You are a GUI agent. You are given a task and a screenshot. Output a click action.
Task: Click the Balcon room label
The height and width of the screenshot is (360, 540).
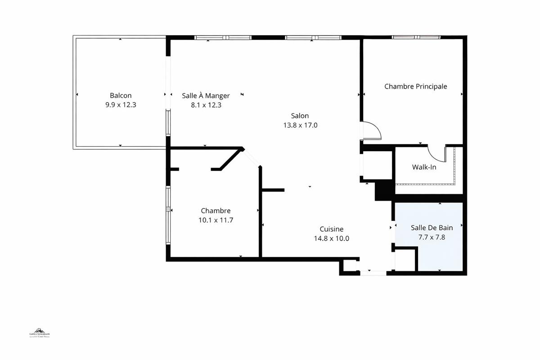click(121, 95)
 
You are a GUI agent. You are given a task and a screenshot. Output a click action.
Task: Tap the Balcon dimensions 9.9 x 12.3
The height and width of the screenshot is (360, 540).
click(121, 105)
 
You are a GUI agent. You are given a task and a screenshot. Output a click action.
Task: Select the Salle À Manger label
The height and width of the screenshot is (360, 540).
click(206, 95)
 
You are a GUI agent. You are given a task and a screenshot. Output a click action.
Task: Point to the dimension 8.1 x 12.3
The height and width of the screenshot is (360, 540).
click(206, 105)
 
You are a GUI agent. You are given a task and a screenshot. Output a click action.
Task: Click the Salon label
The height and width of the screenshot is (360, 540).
click(300, 116)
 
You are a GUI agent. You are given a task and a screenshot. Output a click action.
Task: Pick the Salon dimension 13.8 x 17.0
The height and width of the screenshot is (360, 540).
click(300, 125)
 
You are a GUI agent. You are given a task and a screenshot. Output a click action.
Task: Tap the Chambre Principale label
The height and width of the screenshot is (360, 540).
click(415, 86)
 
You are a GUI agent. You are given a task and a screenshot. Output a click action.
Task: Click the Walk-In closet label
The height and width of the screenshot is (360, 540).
click(424, 167)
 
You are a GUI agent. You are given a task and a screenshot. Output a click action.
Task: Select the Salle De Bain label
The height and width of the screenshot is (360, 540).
click(432, 228)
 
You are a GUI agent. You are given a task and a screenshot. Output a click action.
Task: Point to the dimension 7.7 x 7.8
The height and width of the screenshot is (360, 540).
click(432, 237)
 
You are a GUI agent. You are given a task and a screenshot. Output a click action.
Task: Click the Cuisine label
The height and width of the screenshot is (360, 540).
click(331, 229)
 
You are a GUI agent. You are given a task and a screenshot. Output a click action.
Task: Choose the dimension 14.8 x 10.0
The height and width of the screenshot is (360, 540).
click(331, 238)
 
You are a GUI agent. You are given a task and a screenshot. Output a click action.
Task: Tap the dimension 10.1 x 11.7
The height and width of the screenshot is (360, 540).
click(216, 220)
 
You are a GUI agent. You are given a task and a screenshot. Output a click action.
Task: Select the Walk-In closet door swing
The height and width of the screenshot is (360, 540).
click(436, 154)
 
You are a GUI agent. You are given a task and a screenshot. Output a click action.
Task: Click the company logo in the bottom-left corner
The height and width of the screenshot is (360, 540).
click(40, 334)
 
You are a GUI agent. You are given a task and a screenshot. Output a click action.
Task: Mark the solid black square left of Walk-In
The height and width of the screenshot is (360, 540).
click(383, 190)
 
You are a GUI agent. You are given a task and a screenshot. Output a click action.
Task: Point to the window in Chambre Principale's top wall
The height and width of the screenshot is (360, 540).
click(416, 37)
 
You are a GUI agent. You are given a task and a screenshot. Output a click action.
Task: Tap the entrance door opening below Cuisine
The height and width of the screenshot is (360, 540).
click(373, 272)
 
